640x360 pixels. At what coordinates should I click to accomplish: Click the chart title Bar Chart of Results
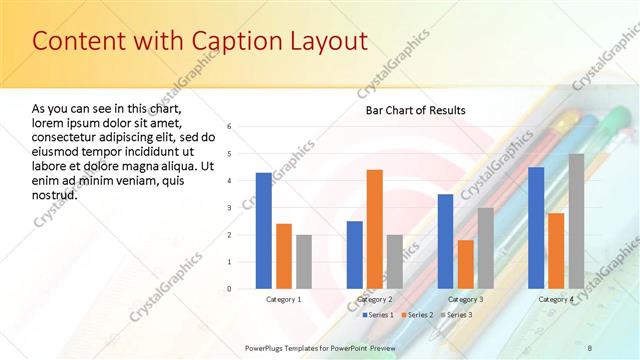414,110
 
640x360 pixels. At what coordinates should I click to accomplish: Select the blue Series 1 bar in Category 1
263,231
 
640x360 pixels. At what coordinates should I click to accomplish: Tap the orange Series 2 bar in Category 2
375,229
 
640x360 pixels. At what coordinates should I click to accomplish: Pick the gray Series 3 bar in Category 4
577,221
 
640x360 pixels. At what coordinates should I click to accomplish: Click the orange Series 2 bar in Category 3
465,264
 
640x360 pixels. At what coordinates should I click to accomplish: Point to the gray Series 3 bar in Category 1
304,262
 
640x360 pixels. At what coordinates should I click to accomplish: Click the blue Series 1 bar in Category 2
354,255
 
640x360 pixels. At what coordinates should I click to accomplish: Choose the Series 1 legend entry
377,315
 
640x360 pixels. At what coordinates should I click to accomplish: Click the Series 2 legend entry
417,315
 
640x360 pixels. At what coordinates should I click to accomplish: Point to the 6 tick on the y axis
230,127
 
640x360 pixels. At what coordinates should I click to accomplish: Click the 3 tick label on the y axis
230,208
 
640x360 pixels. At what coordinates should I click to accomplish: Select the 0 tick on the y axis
230,289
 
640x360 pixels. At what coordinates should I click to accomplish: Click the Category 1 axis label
284,299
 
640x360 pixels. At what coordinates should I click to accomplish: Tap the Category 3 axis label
465,299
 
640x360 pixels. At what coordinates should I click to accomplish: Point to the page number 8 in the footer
589,346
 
